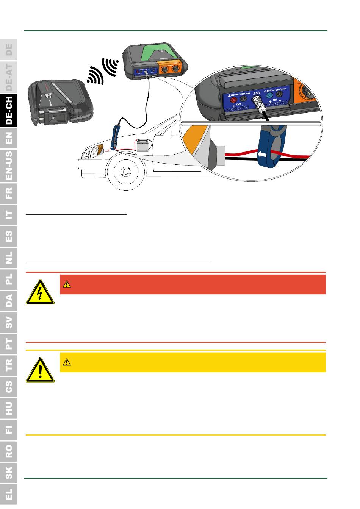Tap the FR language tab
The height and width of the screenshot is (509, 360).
[9, 193]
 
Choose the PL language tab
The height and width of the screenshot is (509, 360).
[9, 279]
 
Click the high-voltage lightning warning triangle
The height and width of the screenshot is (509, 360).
[40, 292]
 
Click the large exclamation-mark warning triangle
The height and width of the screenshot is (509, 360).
[40, 370]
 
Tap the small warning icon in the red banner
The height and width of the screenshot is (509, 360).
[67, 284]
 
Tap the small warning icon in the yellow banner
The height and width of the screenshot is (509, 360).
[67, 362]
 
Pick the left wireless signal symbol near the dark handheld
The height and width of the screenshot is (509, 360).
[94, 75]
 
